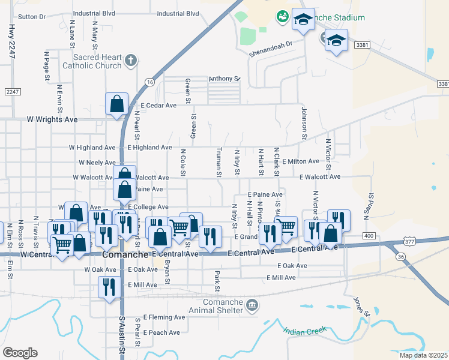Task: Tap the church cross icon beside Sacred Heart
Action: pos(131,60)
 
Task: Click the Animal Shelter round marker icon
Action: pos(253,306)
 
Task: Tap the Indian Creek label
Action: pos(306,331)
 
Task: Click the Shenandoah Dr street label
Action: pos(272,44)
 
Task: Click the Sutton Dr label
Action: pos(32,17)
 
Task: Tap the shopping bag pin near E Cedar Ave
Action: pos(116,103)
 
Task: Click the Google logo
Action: pos(20,353)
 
